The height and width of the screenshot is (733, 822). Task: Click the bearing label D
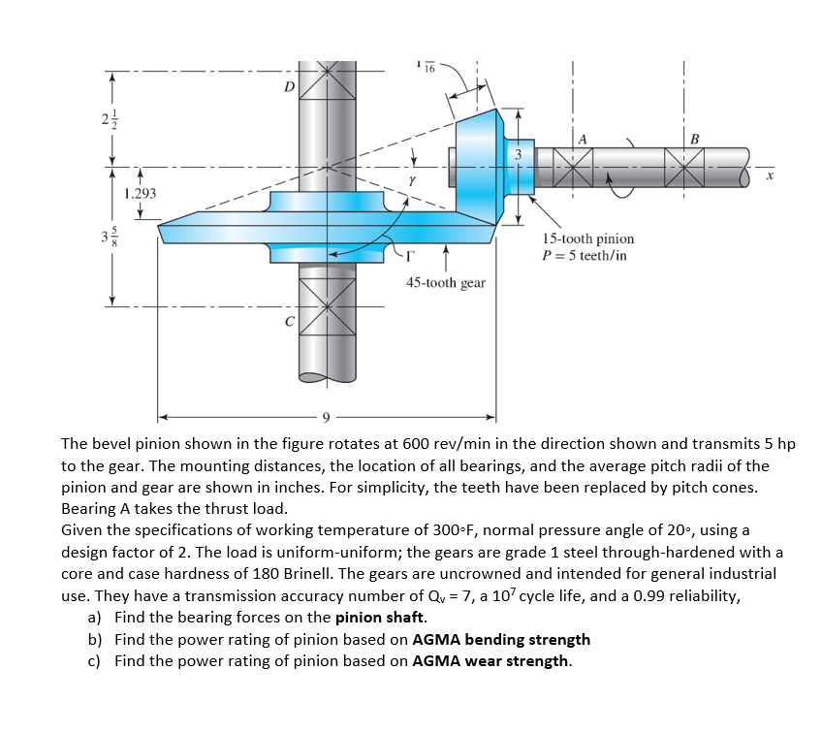(x=288, y=87)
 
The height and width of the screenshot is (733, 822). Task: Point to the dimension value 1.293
(x=141, y=194)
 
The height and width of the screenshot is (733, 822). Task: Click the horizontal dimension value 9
(x=328, y=418)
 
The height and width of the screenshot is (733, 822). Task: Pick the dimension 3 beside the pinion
(x=518, y=154)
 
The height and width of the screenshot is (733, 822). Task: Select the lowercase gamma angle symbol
(x=412, y=180)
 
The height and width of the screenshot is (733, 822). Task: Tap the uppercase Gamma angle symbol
(x=410, y=257)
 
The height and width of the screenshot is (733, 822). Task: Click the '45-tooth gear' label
(x=445, y=283)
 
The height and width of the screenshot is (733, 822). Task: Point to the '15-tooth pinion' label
(x=588, y=239)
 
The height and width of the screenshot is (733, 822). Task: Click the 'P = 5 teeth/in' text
(x=584, y=256)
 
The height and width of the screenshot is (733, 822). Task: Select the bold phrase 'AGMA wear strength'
(x=490, y=661)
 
